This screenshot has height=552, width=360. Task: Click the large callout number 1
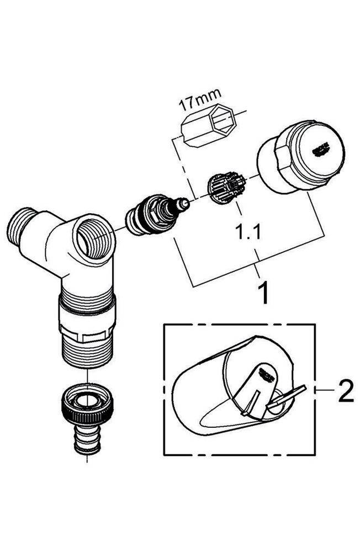[x=264, y=293]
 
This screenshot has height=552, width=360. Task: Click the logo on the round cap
[x=320, y=148]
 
